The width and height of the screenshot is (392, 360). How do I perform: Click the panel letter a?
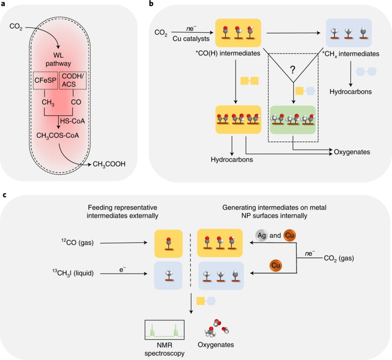pyautogui.click(x=5, y=4)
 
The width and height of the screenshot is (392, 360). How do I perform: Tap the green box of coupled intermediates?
pyautogui.click(x=293, y=119)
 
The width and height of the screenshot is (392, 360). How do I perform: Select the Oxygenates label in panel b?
pyautogui.click(x=352, y=152)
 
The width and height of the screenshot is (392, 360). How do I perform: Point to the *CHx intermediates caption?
pyautogui.click(x=350, y=54)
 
